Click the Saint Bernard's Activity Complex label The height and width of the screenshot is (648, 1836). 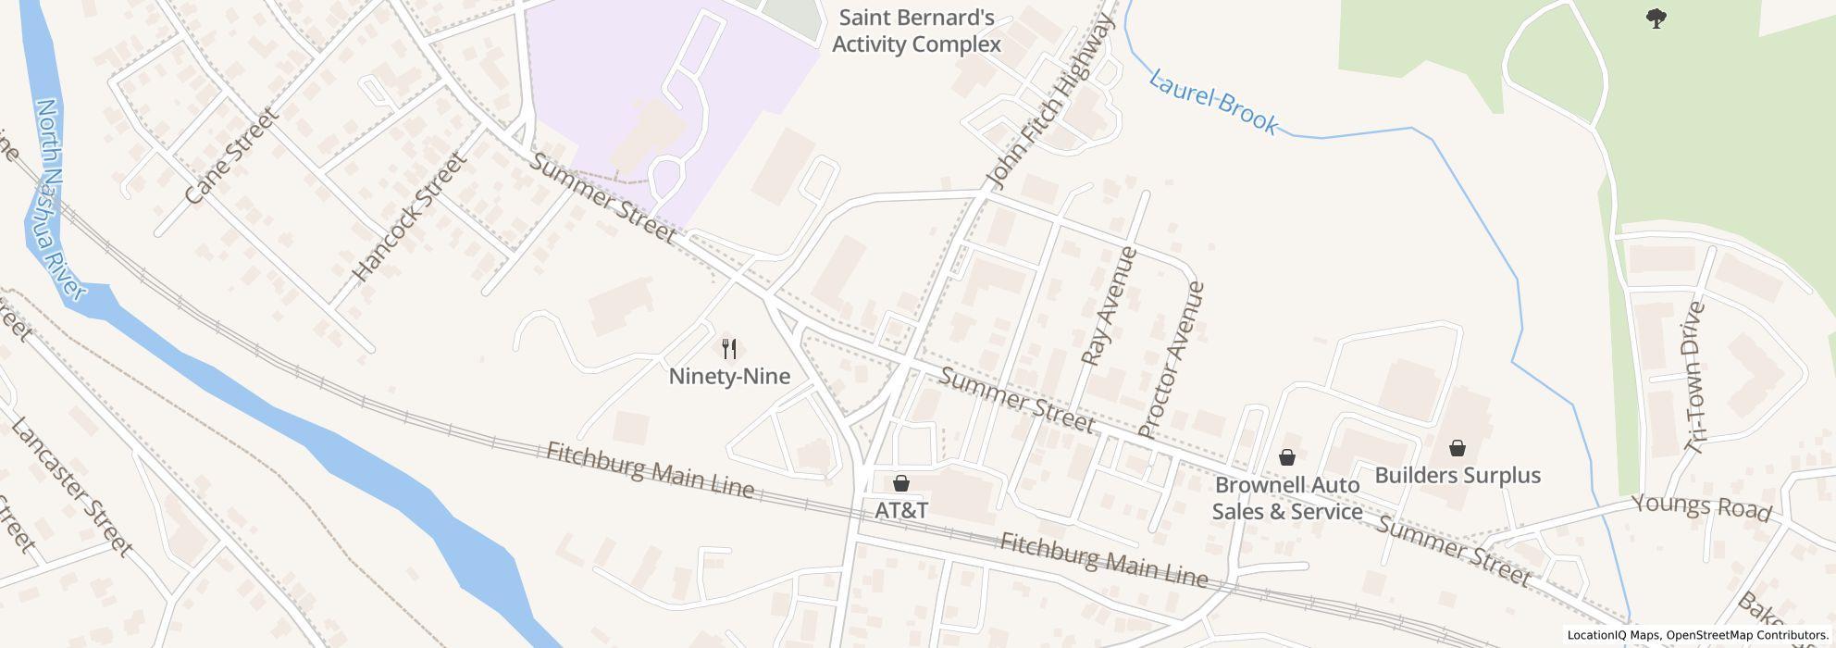(916, 31)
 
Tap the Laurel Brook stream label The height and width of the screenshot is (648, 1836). (1213, 101)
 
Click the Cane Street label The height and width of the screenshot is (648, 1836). (231, 156)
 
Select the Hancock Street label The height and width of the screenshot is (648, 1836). (410, 217)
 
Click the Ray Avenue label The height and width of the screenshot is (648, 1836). (1109, 305)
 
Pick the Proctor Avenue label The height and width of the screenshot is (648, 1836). (1172, 359)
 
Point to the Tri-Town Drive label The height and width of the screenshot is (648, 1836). (1695, 377)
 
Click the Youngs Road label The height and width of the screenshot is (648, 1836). (1701, 507)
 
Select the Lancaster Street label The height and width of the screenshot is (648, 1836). (71, 486)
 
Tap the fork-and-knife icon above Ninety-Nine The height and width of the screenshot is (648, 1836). (729, 349)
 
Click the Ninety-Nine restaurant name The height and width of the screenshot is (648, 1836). (729, 377)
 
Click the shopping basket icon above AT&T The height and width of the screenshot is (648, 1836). (901, 483)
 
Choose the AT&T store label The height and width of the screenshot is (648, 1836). (901, 510)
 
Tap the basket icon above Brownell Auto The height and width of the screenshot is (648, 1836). (1286, 457)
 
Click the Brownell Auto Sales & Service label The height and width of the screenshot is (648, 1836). (1287, 498)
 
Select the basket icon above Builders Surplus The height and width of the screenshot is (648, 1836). (1458, 448)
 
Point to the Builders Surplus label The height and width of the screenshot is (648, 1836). (1458, 476)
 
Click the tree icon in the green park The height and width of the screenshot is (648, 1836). (1656, 18)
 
